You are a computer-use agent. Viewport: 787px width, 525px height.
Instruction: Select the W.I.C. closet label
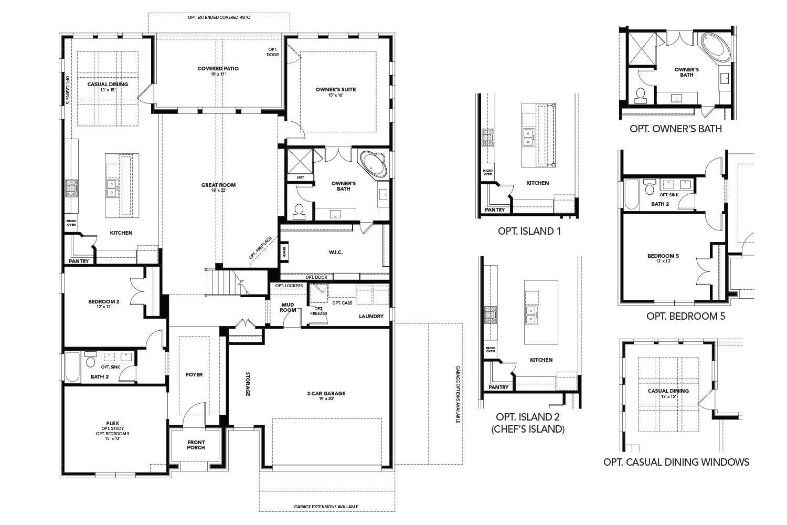336,253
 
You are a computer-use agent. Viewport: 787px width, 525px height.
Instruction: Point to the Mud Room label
288,307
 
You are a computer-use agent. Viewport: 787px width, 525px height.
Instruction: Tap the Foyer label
194,375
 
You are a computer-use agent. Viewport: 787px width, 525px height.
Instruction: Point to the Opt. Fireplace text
260,248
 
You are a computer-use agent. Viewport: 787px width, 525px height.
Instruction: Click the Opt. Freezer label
318,311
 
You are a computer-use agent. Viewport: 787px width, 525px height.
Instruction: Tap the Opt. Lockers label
289,286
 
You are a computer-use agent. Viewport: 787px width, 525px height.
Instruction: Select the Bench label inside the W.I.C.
284,253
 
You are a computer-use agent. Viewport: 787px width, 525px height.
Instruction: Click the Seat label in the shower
300,177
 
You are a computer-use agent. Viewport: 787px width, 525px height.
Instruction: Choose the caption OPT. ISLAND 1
529,231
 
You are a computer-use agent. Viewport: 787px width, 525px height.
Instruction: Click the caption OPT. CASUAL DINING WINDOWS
676,462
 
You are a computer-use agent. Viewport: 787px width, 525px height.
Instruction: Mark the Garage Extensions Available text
326,507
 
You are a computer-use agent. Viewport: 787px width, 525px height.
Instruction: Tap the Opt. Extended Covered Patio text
219,17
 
